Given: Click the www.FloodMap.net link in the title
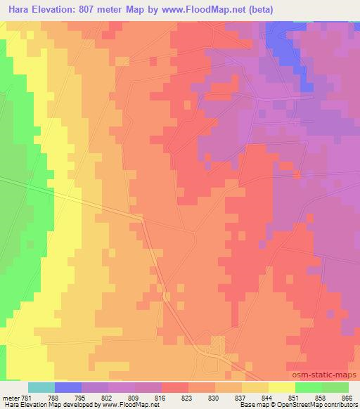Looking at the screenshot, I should click(209, 10).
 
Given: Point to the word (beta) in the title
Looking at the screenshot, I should click(258, 10).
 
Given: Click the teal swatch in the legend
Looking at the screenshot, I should click(41, 387).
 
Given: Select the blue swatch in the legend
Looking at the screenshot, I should click(68, 387).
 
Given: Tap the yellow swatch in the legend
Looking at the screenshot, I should click(282, 387).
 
